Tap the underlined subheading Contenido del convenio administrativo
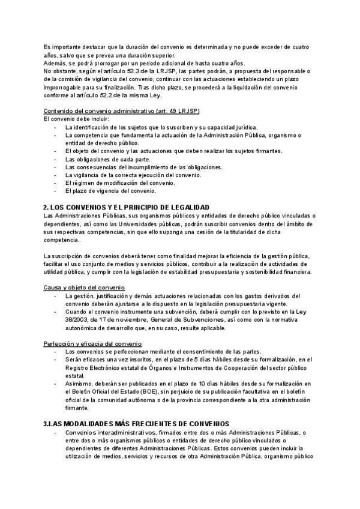tap(122, 111)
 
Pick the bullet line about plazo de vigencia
tap(110, 191)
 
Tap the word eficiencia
tap(218, 256)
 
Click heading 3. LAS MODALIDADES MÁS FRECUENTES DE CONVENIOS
tap(136, 424)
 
